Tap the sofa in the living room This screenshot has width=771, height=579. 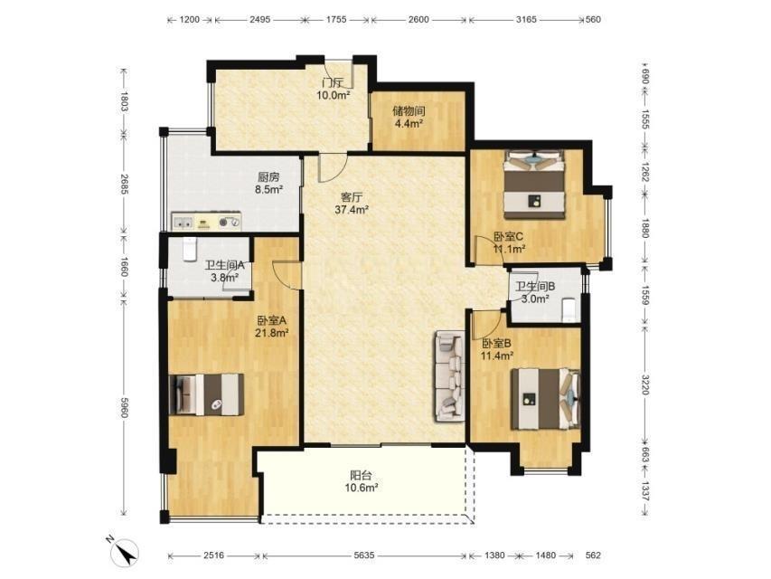(x=450, y=376)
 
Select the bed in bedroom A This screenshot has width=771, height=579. (x=206, y=394)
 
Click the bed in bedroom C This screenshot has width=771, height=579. (x=534, y=185)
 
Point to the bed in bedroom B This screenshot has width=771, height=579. (x=545, y=399)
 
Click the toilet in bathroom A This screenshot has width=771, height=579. (x=190, y=249)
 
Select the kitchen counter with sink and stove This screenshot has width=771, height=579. (x=206, y=221)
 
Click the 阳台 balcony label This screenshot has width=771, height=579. (x=361, y=475)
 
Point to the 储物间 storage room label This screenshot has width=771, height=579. (x=409, y=110)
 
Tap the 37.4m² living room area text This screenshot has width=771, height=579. (x=353, y=210)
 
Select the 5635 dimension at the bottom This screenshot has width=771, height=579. (x=364, y=555)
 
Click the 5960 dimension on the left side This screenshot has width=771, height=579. (x=125, y=407)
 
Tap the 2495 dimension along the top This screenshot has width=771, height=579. (x=259, y=20)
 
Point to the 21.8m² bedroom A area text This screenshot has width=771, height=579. (x=271, y=333)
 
